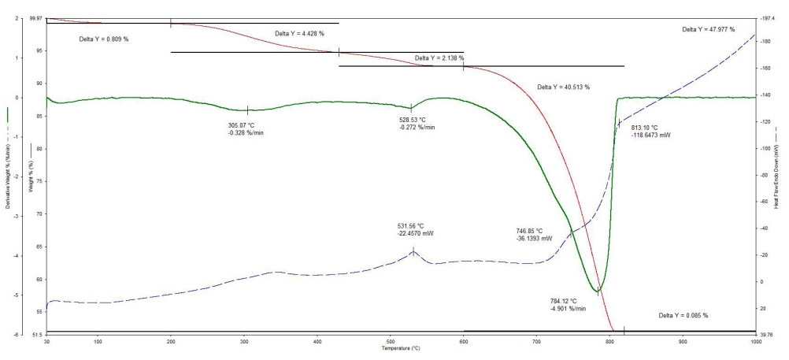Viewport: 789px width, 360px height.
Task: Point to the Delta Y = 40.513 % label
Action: point(563,87)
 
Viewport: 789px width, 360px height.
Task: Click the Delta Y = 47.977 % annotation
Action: point(708,29)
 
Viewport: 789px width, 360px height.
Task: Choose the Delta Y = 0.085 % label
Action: point(683,315)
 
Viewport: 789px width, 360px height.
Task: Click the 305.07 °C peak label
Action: point(242,125)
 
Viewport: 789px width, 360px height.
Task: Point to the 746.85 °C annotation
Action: point(534,231)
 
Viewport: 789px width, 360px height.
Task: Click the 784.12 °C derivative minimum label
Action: point(569,300)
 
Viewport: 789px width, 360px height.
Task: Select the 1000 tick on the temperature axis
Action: point(755,342)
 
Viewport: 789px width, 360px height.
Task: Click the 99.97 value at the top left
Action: point(35,17)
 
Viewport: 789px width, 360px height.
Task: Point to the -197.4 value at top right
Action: point(767,17)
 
